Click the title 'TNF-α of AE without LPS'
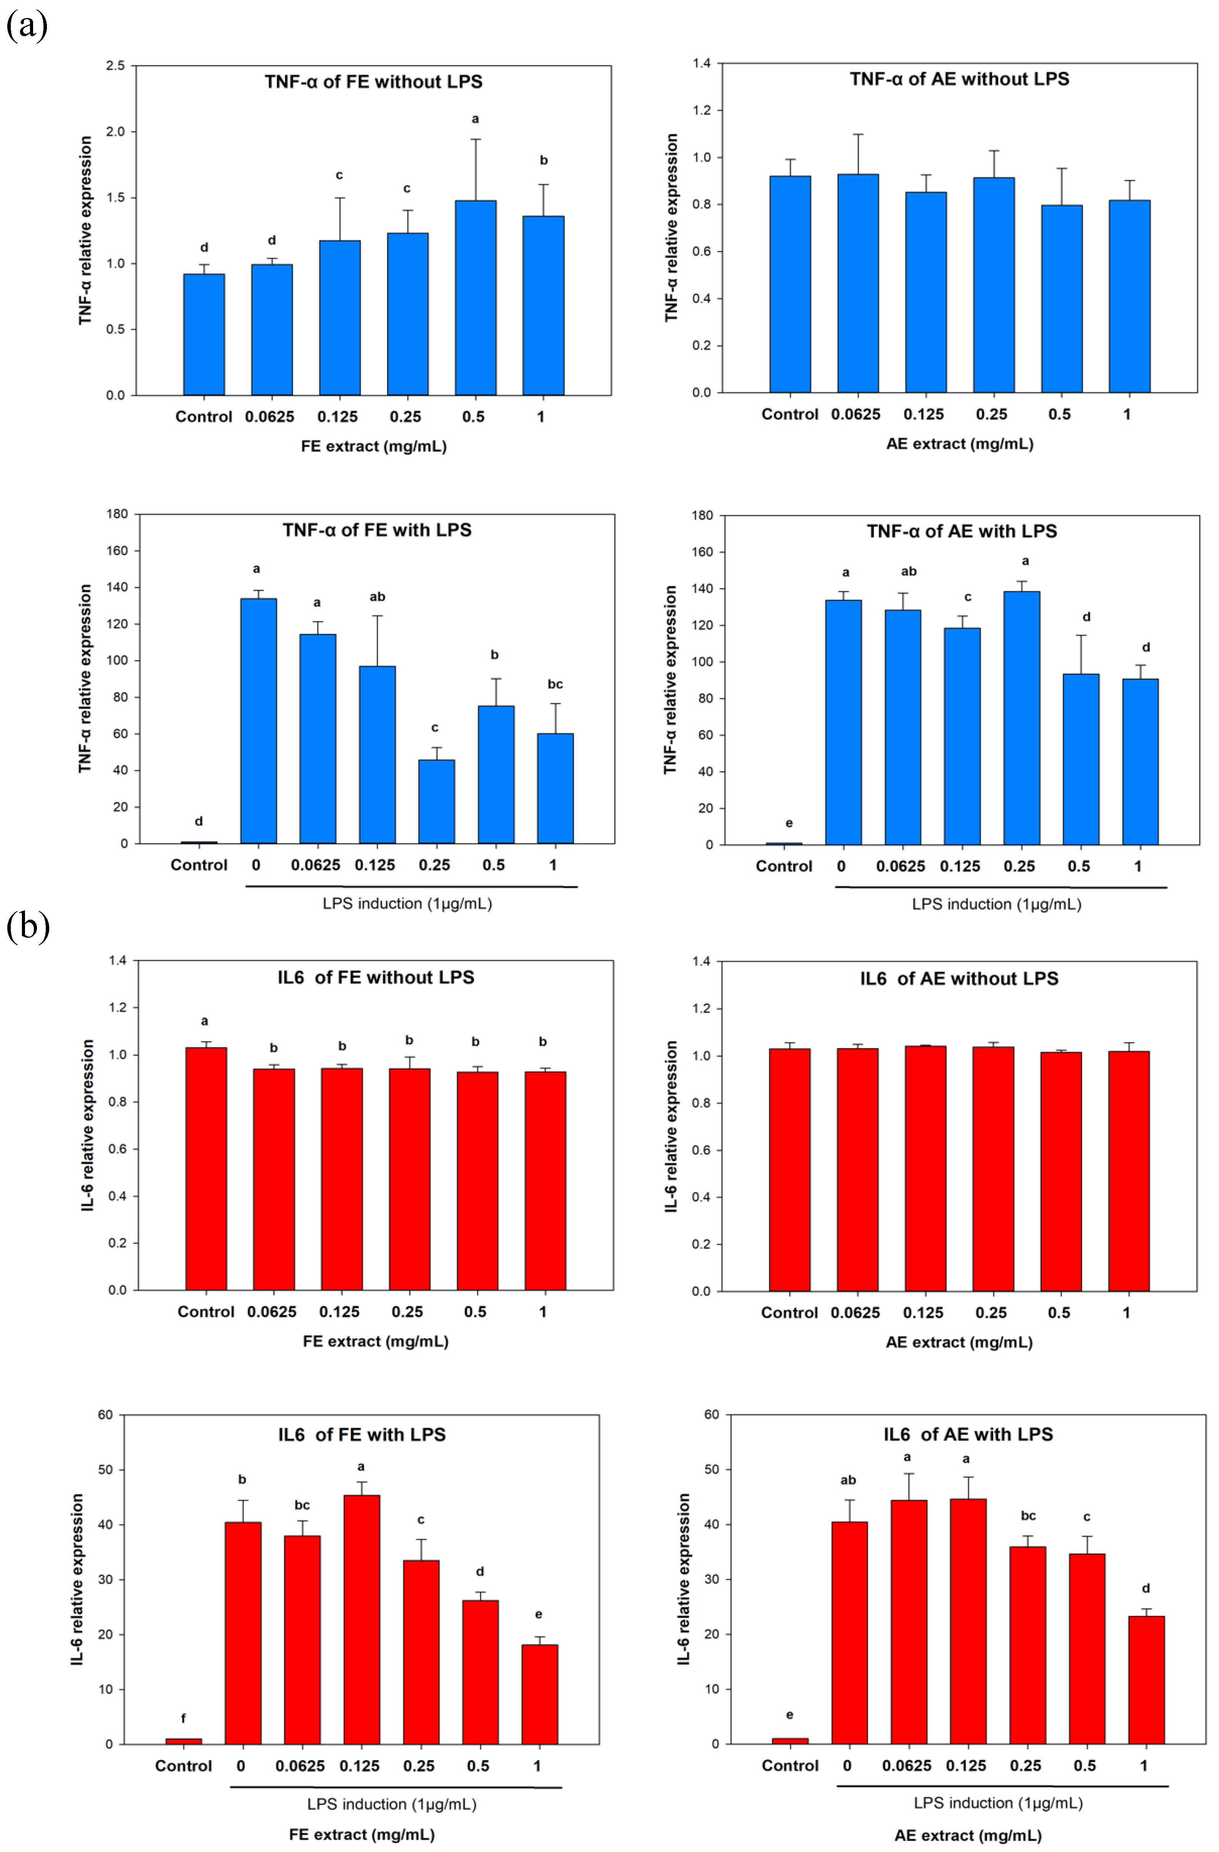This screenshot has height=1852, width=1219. tap(959, 78)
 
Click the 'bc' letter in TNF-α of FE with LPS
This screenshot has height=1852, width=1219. tap(555, 684)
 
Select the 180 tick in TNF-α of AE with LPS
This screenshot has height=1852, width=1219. tap(702, 515)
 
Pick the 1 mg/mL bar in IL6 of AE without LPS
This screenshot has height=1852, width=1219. tap(1129, 1171)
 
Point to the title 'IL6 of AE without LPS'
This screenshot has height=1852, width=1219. tap(959, 978)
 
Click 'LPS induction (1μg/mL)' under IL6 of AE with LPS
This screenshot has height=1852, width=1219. tap(998, 1802)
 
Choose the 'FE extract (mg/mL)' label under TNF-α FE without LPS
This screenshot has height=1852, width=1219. tap(374, 446)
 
